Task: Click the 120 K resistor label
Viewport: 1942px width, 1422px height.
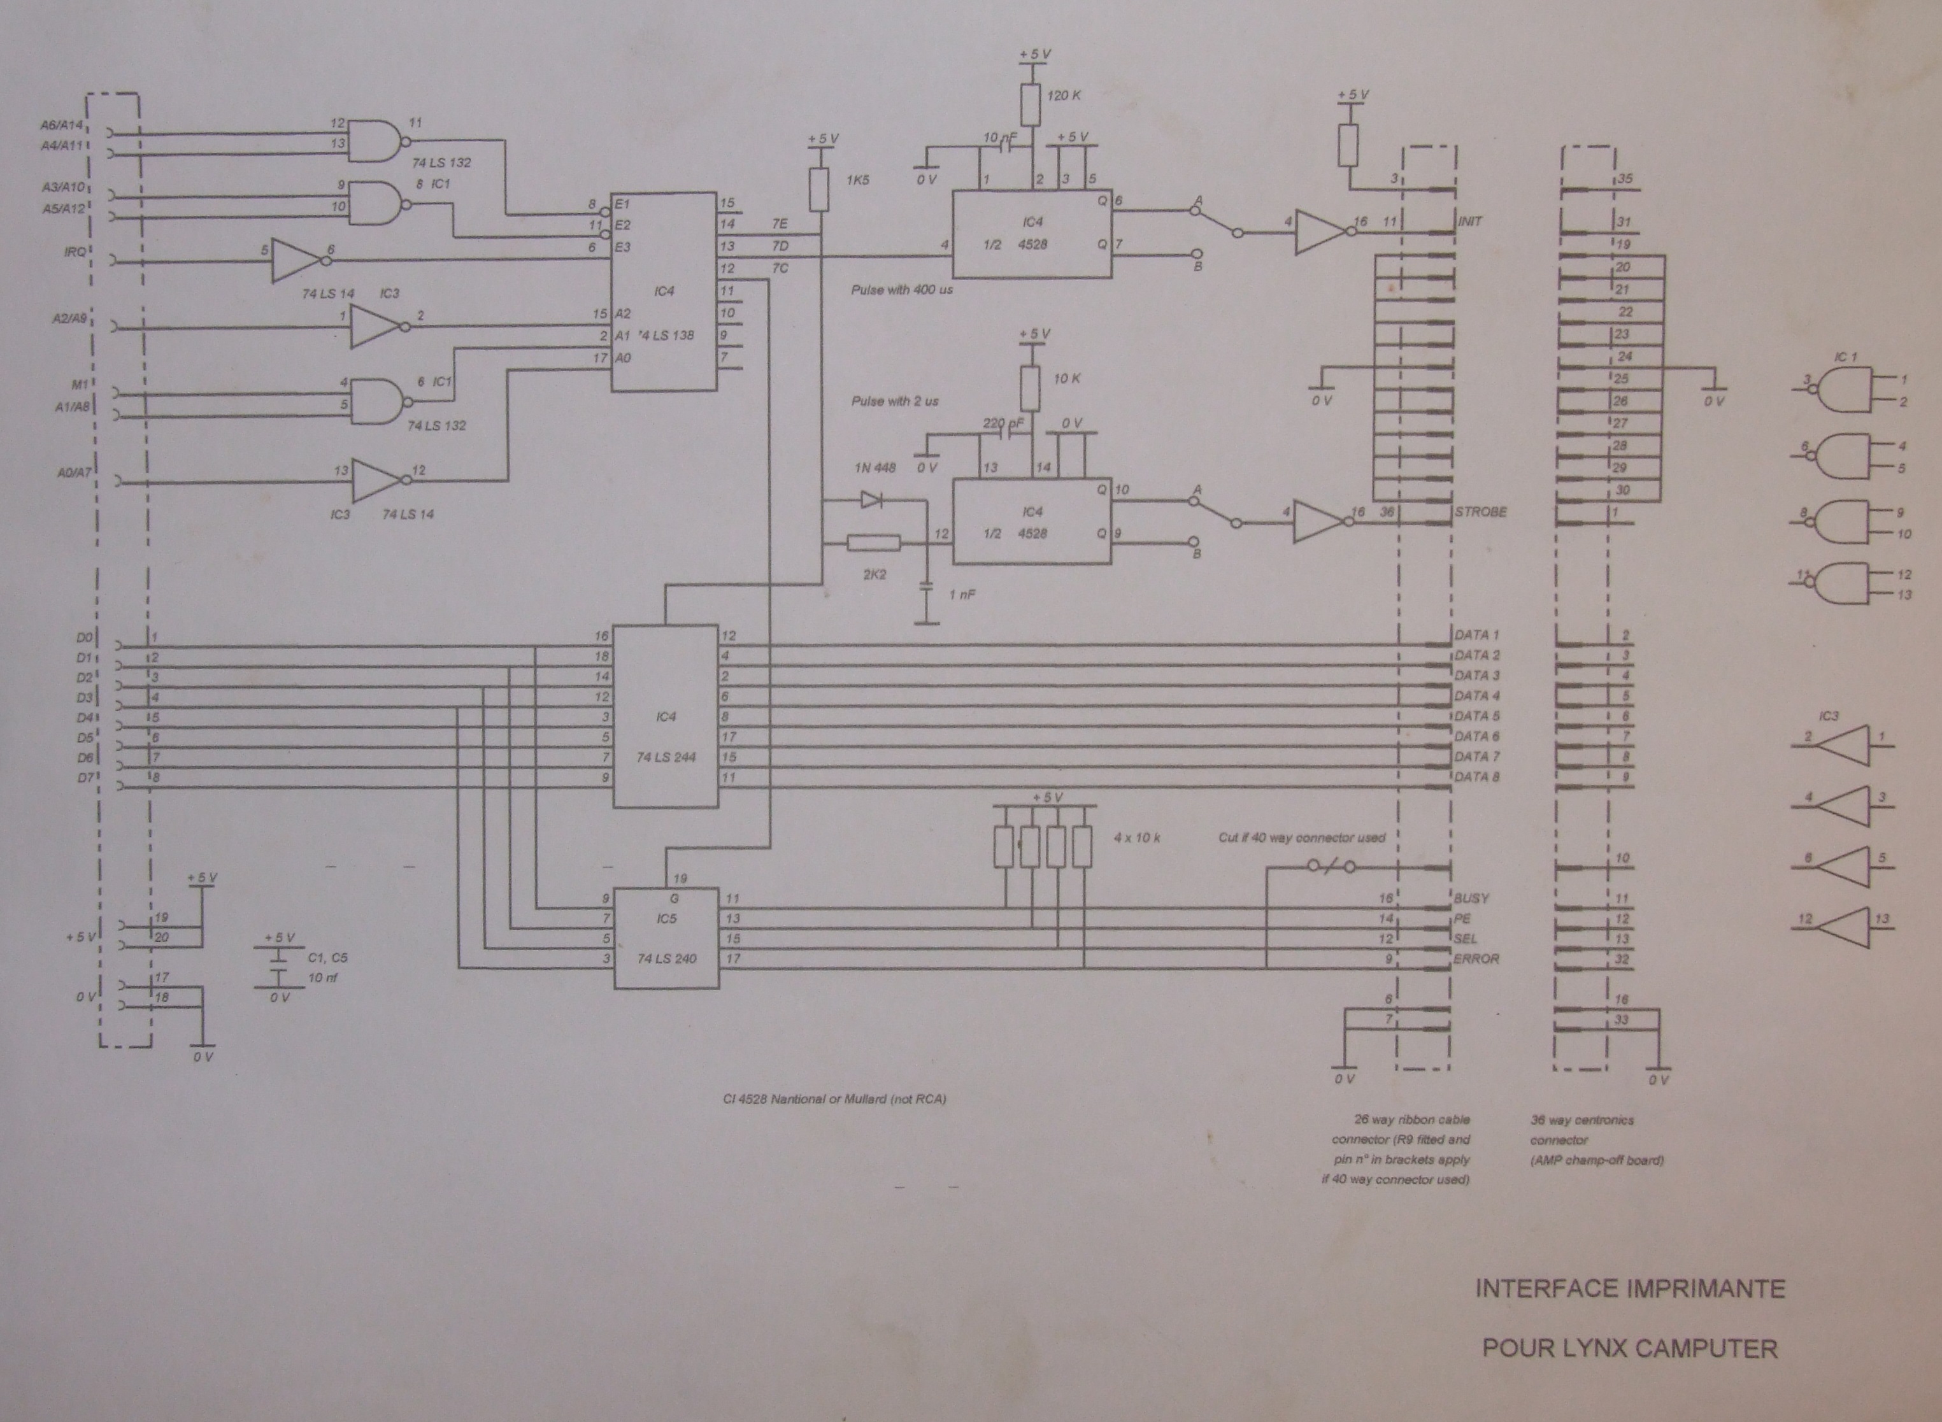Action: (x=1063, y=96)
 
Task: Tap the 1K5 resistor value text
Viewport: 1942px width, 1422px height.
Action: (x=857, y=181)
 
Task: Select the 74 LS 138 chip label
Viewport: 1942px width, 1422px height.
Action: (x=666, y=335)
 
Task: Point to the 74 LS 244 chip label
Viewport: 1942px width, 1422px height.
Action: (x=666, y=757)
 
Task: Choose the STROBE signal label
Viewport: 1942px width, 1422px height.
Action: (x=1481, y=512)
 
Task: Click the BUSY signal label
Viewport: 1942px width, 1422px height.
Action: (x=1472, y=899)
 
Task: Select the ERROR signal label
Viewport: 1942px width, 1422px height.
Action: (x=1476, y=959)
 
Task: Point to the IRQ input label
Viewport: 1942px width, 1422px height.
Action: (x=75, y=252)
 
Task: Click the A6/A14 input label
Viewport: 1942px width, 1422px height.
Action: (x=62, y=125)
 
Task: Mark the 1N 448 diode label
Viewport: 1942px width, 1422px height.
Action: (x=875, y=468)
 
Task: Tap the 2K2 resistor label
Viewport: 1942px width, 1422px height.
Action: (x=875, y=574)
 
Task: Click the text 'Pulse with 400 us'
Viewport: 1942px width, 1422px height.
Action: (x=902, y=290)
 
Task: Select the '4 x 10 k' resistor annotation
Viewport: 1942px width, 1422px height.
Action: (x=1136, y=837)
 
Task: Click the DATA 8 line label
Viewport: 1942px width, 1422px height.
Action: (x=1477, y=778)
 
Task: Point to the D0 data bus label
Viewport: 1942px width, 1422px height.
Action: (x=83, y=638)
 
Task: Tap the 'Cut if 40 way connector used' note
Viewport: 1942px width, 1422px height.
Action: (x=1301, y=837)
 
